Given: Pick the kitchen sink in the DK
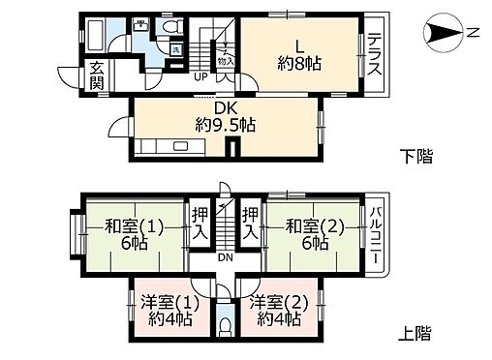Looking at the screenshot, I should coord(180,148).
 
